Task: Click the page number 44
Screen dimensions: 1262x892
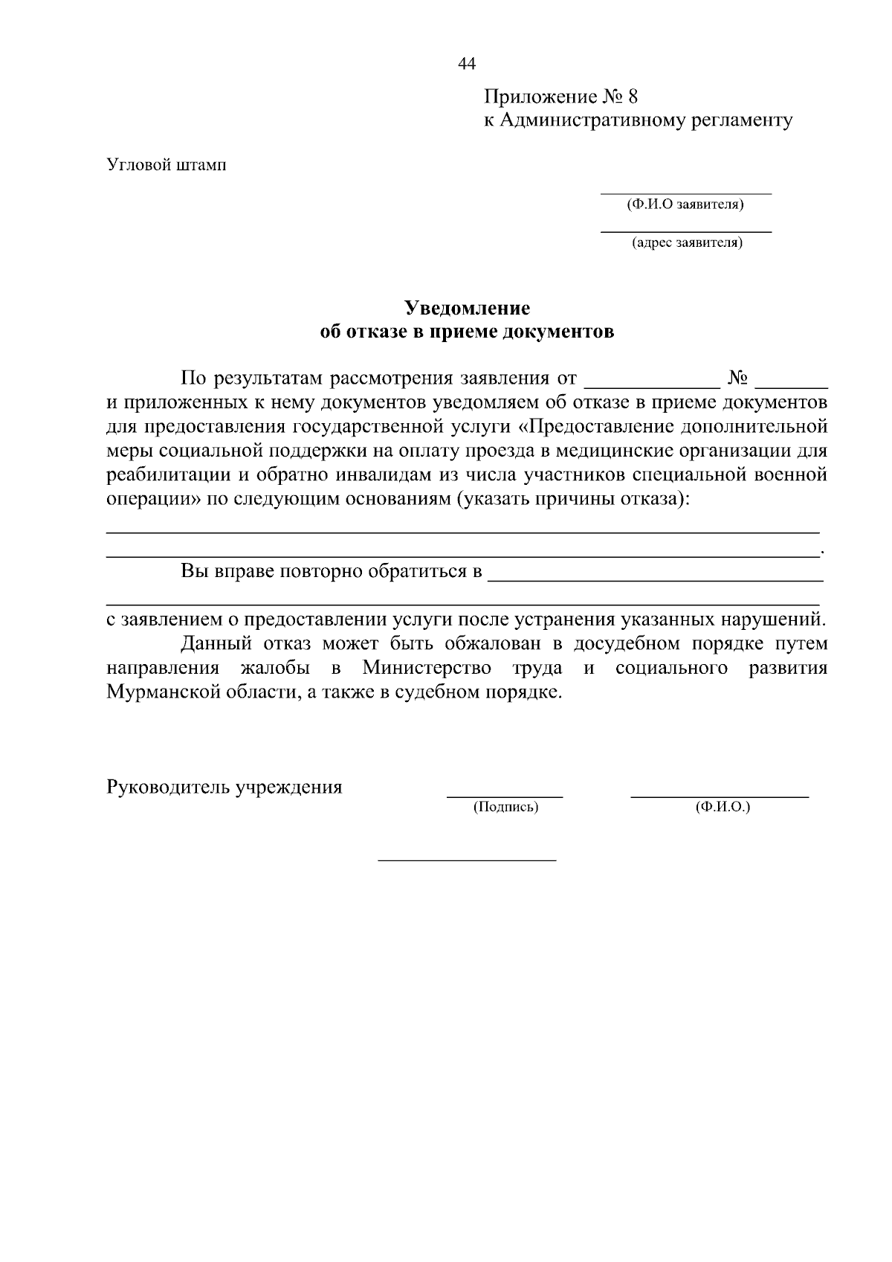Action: [467, 65]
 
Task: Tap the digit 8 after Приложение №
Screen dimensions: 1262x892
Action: [633, 97]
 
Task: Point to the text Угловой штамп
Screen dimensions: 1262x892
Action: [167, 164]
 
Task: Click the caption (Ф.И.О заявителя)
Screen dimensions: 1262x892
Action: [685, 204]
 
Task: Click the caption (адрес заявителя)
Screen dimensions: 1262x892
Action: [686, 242]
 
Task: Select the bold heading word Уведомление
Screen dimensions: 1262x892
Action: [467, 308]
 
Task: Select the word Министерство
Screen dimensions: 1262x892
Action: [427, 668]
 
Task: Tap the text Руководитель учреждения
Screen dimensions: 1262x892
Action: [224, 787]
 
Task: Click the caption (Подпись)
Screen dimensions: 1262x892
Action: [505, 807]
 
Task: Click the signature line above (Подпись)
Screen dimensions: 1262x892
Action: [505, 796]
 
